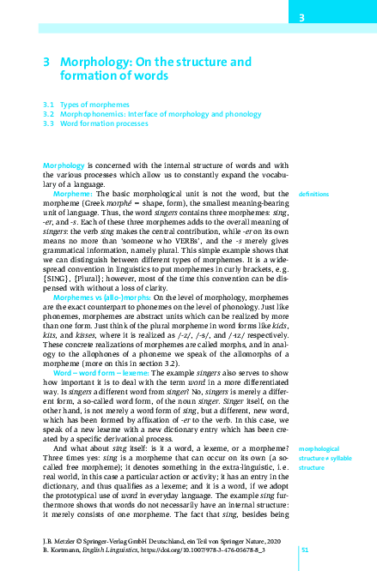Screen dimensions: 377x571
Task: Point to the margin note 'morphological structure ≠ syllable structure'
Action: (x=323, y=460)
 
